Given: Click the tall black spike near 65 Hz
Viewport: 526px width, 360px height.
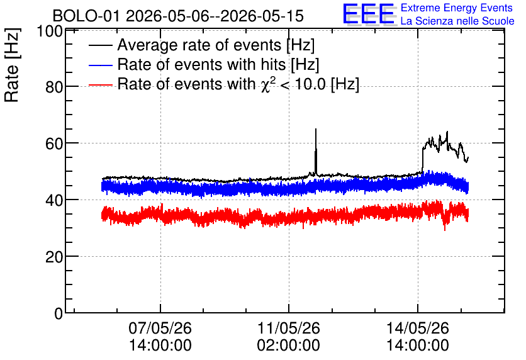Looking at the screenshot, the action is [x=316, y=151].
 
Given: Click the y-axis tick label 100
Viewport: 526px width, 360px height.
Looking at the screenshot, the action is [x=50, y=31].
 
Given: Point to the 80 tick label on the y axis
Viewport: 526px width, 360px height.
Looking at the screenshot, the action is [x=53, y=87].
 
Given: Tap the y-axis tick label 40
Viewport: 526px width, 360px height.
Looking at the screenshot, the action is [x=53, y=200].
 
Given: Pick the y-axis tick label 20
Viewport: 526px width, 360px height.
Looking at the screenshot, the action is [x=53, y=257].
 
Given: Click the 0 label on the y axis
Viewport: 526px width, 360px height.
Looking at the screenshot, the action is [x=59, y=313].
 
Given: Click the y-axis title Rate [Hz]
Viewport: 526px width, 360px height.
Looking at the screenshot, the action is [x=12, y=65].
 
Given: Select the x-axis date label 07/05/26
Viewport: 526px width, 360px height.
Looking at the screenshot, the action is [x=160, y=328].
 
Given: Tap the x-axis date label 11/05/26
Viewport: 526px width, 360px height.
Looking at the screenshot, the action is [x=289, y=328].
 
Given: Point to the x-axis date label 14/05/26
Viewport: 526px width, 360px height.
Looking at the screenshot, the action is [x=418, y=328].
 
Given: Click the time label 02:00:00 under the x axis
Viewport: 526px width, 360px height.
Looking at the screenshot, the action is [x=289, y=346].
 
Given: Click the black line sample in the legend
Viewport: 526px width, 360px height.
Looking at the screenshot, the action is [x=101, y=45].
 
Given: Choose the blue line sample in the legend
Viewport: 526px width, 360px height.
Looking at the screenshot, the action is [x=101, y=65].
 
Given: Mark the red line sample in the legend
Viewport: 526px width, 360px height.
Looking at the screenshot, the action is [x=101, y=84].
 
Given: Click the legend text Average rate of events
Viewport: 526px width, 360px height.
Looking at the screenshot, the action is [x=199, y=45].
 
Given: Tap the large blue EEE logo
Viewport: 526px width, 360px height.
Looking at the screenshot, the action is [x=369, y=14].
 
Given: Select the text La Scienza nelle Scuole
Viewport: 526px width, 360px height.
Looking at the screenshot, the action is [x=457, y=21].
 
